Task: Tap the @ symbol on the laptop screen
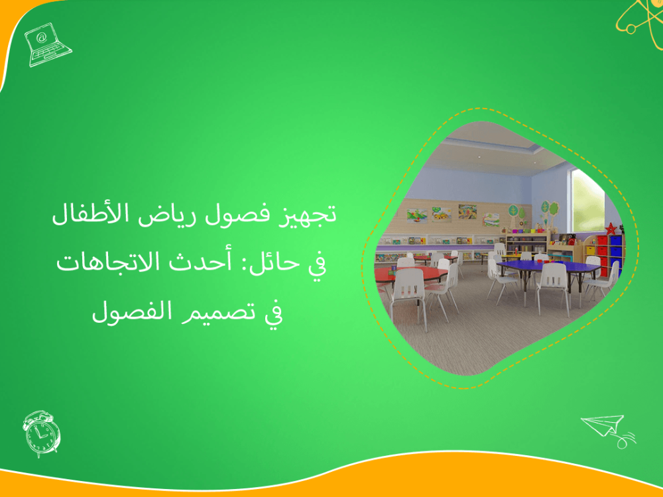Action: point(42,38)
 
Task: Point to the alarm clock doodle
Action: point(41,433)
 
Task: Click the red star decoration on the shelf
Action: point(611,228)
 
